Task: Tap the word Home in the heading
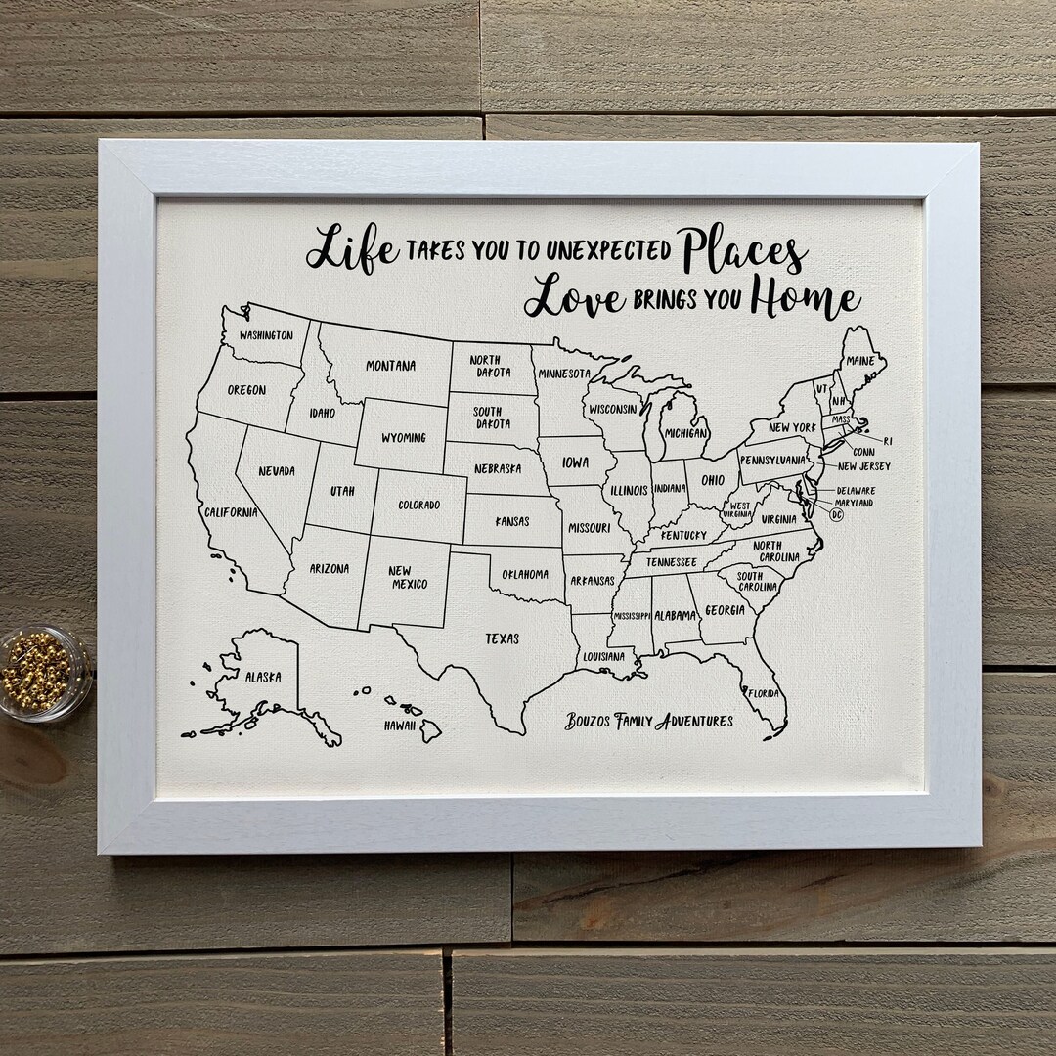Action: (806, 299)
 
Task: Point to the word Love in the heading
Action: (575, 299)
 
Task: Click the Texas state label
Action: (502, 639)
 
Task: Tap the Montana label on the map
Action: (391, 366)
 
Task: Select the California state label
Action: (231, 511)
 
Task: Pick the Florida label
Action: (764, 693)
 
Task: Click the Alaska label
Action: (263, 677)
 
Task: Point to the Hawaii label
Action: (400, 725)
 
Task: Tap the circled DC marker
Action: (836, 514)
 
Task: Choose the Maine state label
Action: (860, 361)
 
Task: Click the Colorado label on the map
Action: (419, 505)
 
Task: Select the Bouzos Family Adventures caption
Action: (648, 722)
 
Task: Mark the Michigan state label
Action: (686, 432)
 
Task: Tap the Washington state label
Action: (266, 335)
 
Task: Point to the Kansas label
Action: (512, 521)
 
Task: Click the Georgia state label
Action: (725, 609)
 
